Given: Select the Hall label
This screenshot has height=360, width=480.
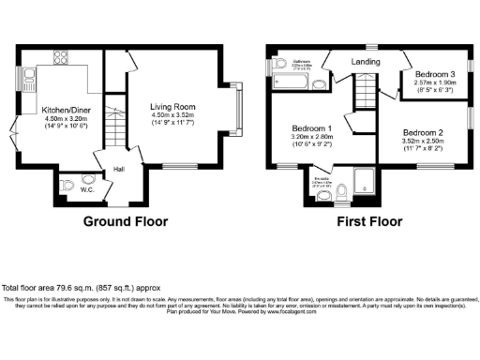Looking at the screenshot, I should click(x=120, y=170).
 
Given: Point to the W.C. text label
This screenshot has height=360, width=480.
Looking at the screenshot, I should click(x=86, y=190).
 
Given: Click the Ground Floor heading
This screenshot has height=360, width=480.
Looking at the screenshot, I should click(x=126, y=222).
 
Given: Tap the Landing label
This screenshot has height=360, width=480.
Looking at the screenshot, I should click(x=366, y=62).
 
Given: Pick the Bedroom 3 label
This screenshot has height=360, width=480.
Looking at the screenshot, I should click(x=433, y=74).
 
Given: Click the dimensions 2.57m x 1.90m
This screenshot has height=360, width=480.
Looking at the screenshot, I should click(x=433, y=82).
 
